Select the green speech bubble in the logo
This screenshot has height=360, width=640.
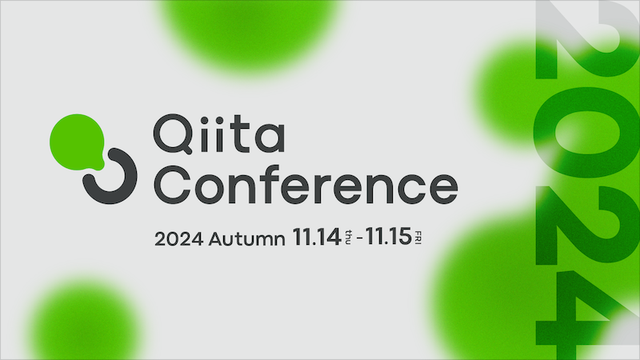click(75, 142)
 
